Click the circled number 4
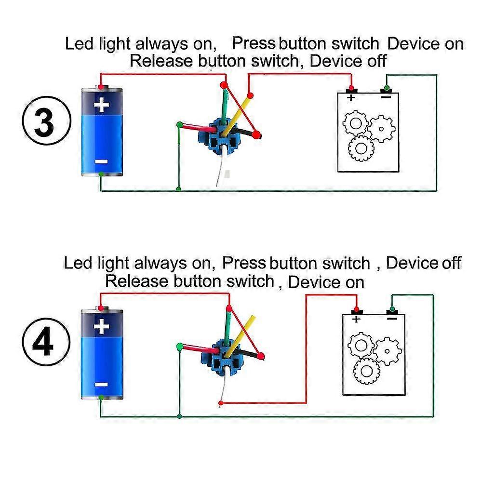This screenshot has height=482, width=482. tap(45, 343)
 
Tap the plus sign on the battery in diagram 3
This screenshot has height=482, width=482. tap(101, 105)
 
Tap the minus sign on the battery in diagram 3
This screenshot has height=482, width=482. tap(101, 161)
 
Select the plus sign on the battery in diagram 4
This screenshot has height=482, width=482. tap(101, 327)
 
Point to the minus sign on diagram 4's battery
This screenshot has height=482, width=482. tap(101, 384)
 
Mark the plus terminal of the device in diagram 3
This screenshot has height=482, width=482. tap(351, 91)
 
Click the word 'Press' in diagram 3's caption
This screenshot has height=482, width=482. tap(254, 43)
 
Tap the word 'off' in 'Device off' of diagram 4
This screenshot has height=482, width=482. tap(451, 263)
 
